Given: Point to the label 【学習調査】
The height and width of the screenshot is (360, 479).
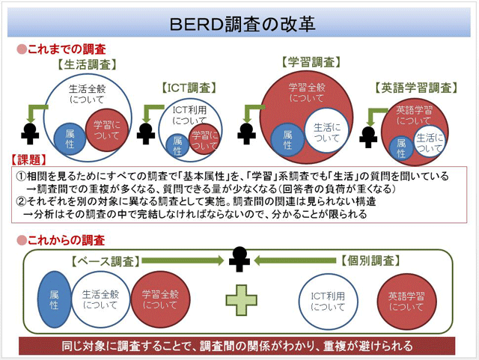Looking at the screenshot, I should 309,62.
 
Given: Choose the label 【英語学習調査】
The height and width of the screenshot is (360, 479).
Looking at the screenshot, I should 417,88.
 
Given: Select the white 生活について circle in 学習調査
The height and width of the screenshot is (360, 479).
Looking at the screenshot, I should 327,132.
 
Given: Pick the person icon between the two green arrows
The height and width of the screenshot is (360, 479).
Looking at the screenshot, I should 239,259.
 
